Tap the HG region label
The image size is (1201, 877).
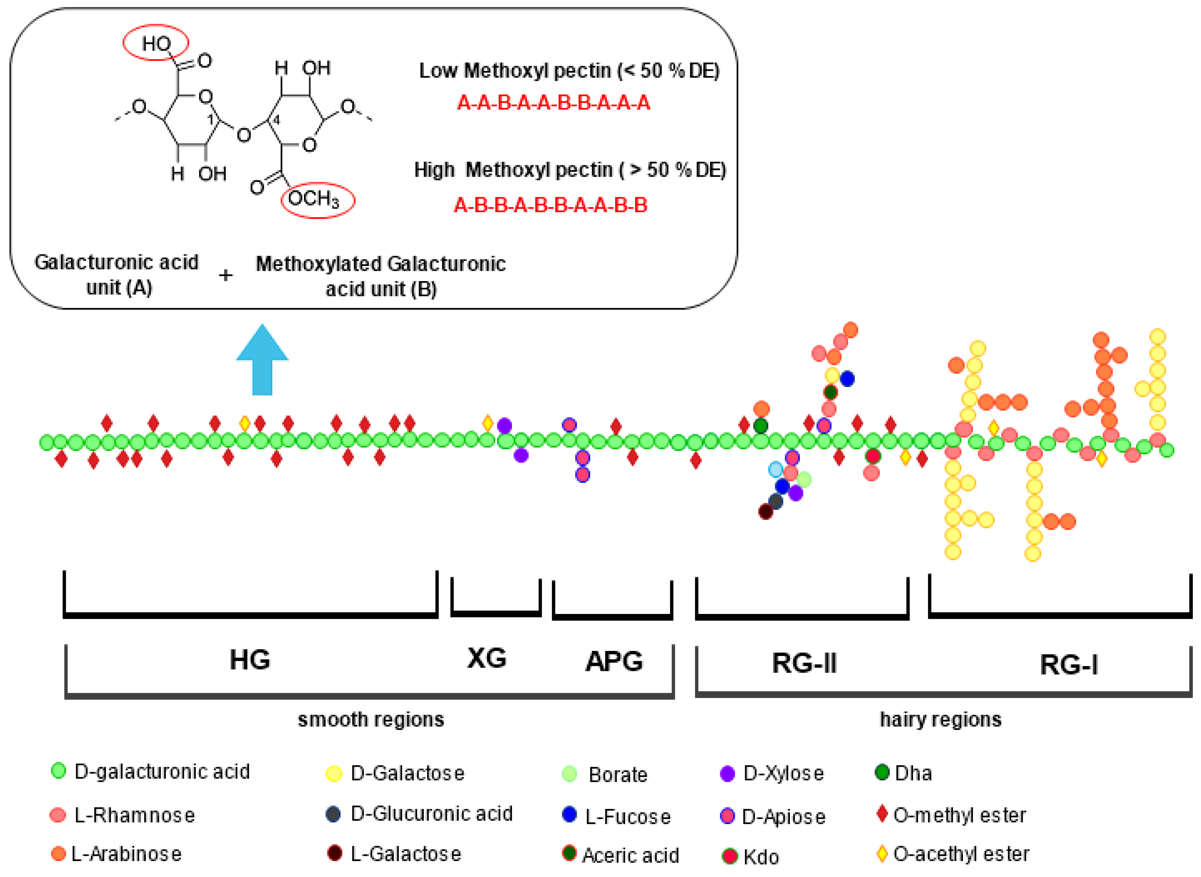[249, 660]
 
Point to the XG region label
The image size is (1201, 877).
[486, 658]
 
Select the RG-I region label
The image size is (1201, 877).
[1068, 665]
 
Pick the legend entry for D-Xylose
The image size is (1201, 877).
[772, 774]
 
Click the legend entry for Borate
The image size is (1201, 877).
[605, 775]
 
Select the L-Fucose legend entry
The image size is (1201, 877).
[616, 816]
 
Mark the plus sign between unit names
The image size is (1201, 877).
[225, 275]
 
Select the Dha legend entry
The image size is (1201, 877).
[903, 773]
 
